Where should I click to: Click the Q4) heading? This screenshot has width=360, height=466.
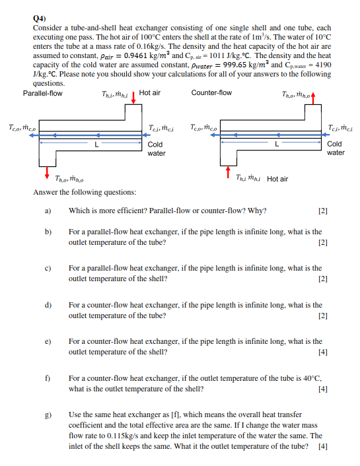click(38, 19)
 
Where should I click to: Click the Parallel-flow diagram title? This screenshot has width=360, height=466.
click(43, 93)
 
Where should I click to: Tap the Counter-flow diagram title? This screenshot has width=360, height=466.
click(211, 93)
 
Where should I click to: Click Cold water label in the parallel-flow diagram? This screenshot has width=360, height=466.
click(156, 149)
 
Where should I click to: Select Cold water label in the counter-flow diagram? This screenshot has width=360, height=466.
click(335, 149)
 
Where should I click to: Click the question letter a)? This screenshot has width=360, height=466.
click(48, 211)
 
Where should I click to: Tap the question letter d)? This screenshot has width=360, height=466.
click(48, 306)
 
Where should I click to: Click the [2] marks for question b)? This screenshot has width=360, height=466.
click(322, 242)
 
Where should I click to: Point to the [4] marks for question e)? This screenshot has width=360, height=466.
click(322, 352)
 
